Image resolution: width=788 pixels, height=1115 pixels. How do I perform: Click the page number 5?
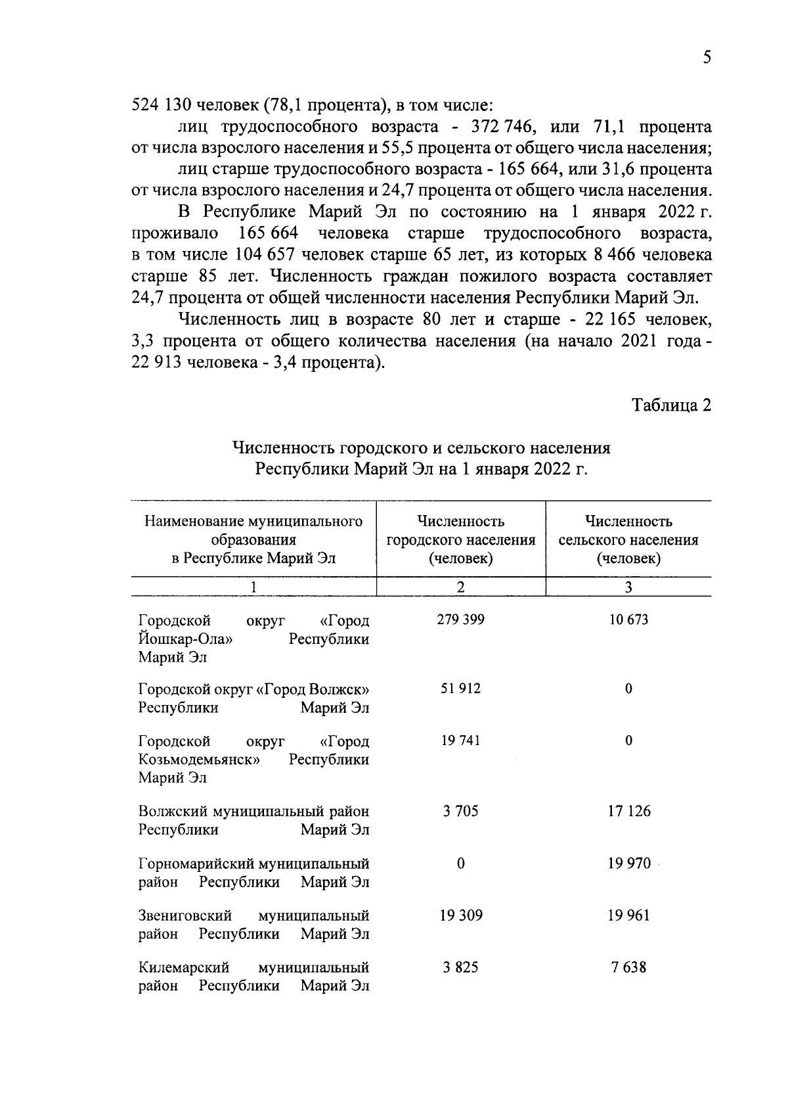point(707,58)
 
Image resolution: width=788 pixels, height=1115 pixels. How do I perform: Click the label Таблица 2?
point(671,405)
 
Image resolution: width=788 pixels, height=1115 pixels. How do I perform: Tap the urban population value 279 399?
point(460,620)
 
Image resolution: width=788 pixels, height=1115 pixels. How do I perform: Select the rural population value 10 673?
point(628,620)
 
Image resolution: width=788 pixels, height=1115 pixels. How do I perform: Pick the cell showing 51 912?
point(460,689)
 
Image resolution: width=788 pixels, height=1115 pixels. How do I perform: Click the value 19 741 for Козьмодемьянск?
point(460,740)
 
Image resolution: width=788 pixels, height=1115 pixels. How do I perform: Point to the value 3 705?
point(460,811)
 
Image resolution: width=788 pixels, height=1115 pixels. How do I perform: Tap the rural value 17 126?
point(628,811)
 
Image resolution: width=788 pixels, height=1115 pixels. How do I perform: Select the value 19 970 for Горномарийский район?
point(628,863)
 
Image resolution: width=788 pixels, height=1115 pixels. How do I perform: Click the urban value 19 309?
point(460,915)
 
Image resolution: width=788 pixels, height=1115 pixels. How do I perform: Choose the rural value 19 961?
point(628,915)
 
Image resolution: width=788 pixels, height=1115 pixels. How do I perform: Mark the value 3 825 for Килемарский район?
point(460,967)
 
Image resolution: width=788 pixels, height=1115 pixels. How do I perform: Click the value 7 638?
point(628,967)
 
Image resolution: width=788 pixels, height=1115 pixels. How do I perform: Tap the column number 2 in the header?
point(460,587)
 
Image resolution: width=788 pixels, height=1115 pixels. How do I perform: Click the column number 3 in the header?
point(628,587)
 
